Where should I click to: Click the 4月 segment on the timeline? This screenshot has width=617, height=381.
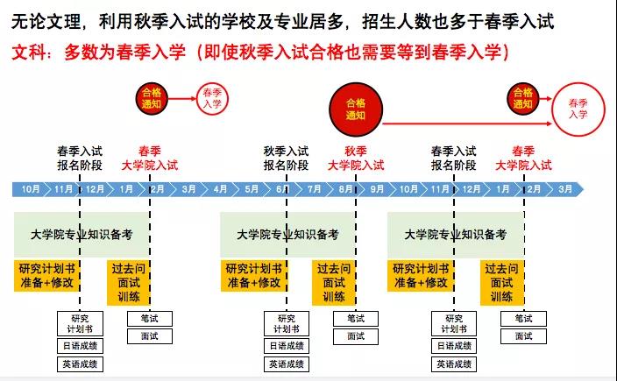(220, 189)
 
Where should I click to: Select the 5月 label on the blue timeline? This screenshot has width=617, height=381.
(252, 189)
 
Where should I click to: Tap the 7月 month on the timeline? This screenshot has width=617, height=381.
(314, 189)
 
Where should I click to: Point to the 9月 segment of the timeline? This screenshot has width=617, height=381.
(377, 189)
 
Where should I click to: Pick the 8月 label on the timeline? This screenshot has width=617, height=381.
(345, 189)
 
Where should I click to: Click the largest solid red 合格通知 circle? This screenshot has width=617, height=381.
(356, 109)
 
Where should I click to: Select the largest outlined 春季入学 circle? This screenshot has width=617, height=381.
(578, 109)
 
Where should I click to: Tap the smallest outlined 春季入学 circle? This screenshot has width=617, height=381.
(212, 99)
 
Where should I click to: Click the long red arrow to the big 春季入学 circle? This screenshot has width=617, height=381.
(467, 123)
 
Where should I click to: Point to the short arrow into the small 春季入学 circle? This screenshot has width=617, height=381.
(182, 99)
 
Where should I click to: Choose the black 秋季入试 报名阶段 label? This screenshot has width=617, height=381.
(286, 158)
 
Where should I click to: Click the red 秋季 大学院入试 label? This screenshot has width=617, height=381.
(356, 158)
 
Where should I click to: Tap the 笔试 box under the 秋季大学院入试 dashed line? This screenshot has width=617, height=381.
(356, 319)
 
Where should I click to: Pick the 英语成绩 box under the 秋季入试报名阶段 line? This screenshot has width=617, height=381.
(287, 364)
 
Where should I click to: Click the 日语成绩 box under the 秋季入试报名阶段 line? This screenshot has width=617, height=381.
(287, 346)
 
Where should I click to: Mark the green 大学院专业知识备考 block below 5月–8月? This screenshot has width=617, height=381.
(287, 235)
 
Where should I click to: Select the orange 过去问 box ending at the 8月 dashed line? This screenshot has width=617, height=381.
(334, 283)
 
